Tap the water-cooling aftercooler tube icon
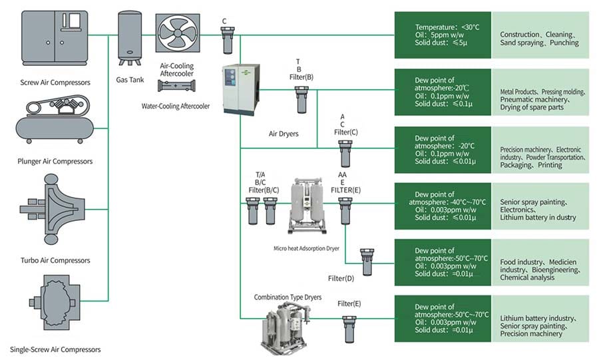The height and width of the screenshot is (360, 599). [178, 87]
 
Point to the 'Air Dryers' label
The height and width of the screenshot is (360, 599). [284, 134]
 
